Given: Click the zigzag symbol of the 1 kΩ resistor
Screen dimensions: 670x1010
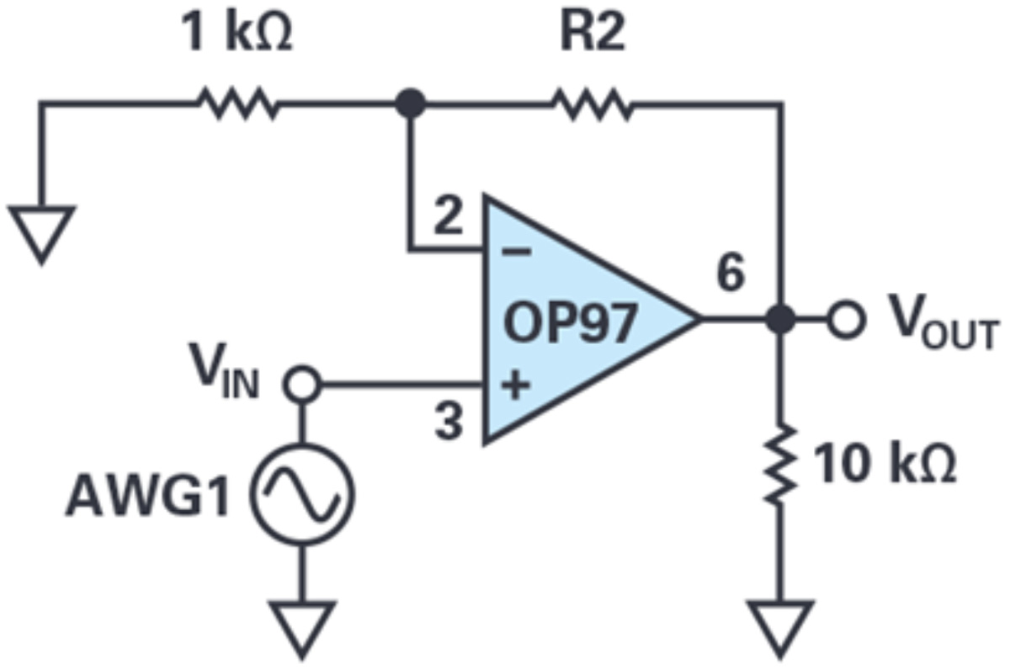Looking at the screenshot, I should tap(237, 104).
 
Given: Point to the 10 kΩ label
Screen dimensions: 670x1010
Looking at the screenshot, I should tap(886, 465).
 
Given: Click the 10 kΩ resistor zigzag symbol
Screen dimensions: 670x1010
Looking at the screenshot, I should tap(782, 465).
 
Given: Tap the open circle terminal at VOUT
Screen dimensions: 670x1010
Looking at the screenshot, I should tap(843, 320).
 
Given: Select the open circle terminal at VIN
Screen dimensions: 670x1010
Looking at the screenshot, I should tap(301, 386).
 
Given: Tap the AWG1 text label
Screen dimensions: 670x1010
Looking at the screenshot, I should tap(147, 497).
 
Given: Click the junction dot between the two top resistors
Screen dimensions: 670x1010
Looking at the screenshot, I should tap(410, 104).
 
